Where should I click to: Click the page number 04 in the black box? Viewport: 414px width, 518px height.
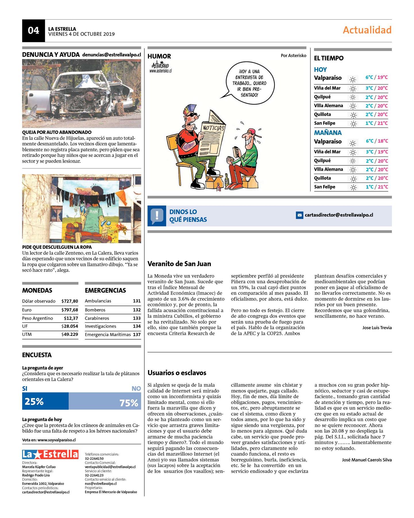click(33, 31)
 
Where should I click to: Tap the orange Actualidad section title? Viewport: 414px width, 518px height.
click(367, 30)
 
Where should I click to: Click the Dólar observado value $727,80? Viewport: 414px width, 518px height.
click(70, 301)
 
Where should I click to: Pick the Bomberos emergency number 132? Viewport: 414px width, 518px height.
click(137, 310)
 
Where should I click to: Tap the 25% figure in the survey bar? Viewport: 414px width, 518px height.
click(34, 401)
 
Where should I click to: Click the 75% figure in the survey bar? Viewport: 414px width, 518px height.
click(129, 403)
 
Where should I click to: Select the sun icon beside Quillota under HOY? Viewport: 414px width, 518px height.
click(353, 115)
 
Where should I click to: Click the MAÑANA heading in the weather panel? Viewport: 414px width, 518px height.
click(328, 133)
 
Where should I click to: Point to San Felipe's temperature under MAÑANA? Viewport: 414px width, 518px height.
click(377, 187)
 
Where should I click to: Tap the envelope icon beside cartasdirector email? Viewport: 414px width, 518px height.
click(300, 215)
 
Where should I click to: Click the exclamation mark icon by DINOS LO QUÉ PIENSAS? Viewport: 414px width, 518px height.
click(157, 216)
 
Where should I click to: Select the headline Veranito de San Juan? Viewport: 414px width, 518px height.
click(179, 264)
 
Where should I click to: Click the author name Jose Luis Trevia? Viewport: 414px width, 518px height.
click(377, 327)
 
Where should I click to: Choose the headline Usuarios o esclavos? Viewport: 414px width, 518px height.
click(177, 373)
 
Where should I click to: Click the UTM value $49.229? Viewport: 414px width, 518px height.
click(70, 334)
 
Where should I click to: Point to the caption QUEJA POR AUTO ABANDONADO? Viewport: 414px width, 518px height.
click(57, 132)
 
